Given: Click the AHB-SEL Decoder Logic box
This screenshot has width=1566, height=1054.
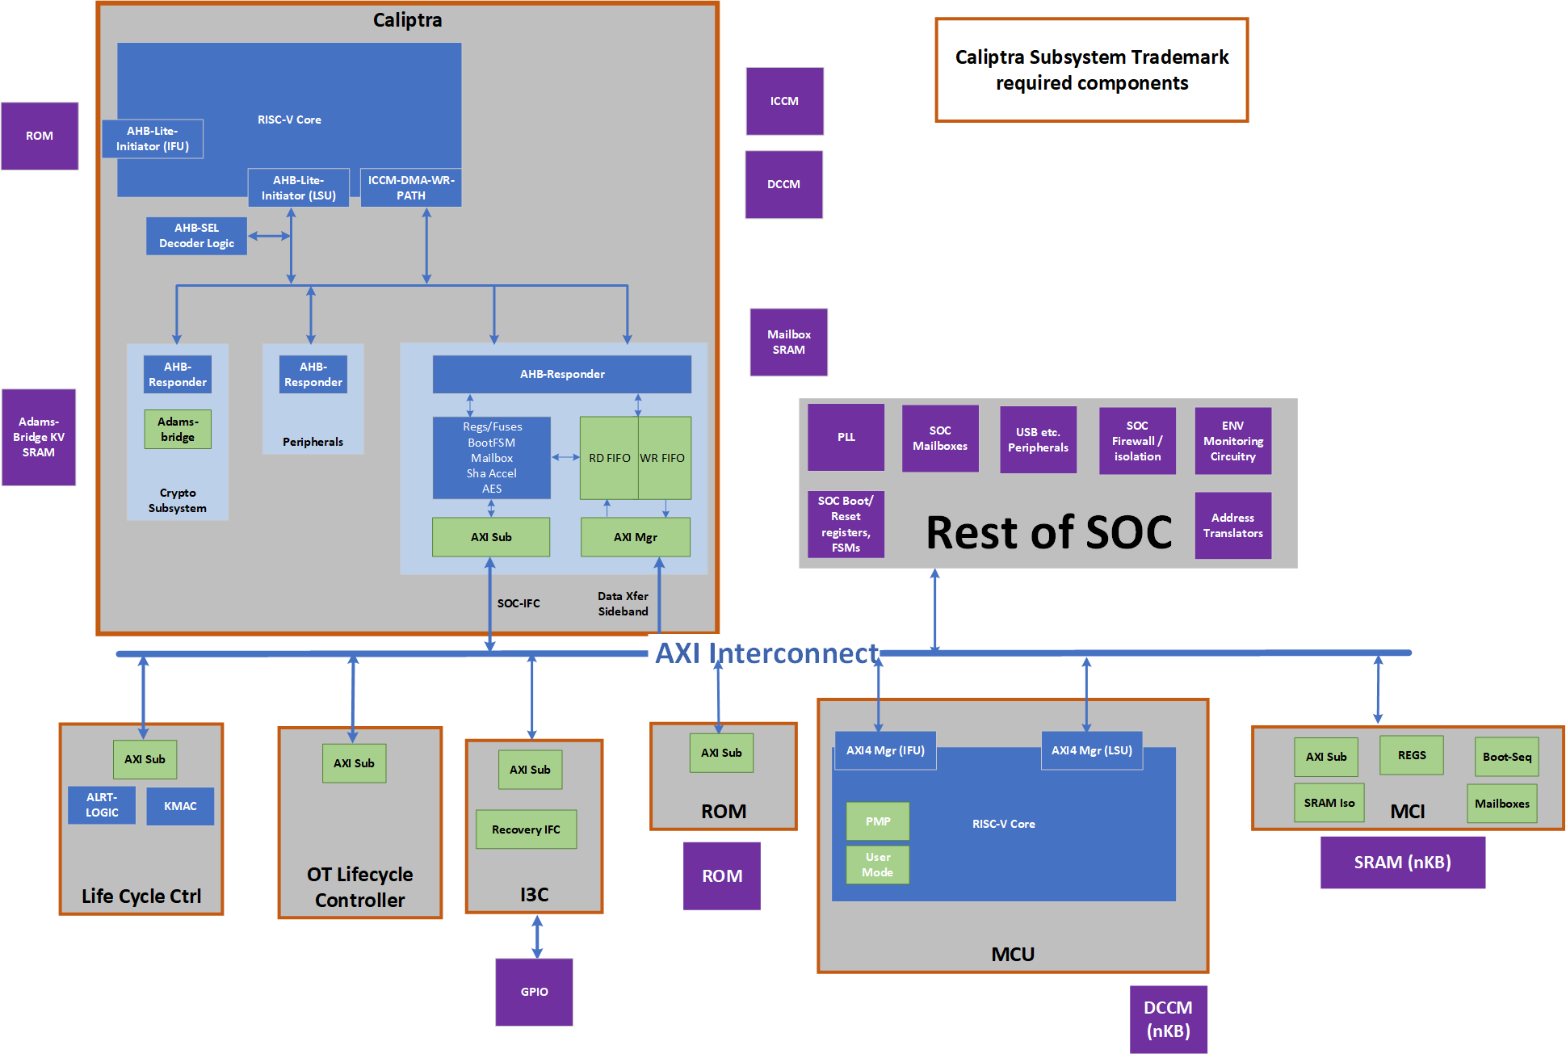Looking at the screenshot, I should (x=196, y=236).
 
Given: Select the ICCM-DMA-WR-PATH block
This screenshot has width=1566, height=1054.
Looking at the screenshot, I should (x=411, y=187).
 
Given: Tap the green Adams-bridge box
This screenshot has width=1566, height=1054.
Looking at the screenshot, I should (x=178, y=429).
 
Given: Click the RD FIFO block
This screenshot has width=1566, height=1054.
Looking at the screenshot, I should (x=609, y=458).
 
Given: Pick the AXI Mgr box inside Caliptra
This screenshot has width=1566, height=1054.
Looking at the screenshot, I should (x=636, y=537).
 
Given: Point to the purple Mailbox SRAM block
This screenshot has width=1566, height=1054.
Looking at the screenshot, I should (x=788, y=342).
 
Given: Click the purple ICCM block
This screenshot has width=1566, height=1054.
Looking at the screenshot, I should (x=784, y=101).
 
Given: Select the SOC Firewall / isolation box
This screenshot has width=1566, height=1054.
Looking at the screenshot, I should (x=1137, y=441).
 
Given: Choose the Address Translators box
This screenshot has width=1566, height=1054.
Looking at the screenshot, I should (x=1232, y=525).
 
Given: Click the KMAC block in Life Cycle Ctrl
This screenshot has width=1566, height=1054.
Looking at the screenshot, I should (x=180, y=806).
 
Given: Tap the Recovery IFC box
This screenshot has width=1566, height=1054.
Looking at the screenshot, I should (x=526, y=829).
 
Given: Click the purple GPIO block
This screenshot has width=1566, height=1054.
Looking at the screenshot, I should (x=534, y=992).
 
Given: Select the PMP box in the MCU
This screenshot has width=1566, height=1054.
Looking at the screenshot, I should (x=878, y=821).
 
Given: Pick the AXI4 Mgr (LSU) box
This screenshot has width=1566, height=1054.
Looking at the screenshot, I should (x=1091, y=750).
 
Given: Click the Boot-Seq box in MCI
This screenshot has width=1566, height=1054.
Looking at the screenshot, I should (x=1506, y=757).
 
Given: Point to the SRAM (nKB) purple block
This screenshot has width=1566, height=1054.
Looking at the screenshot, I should (x=1402, y=863).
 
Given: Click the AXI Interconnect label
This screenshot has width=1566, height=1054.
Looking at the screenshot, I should (x=766, y=653).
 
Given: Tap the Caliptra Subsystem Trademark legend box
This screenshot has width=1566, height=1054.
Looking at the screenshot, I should (x=1091, y=70).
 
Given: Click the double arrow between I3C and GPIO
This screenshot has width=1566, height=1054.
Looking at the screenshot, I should (x=537, y=936).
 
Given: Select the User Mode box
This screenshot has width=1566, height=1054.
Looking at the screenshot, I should (x=878, y=864).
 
